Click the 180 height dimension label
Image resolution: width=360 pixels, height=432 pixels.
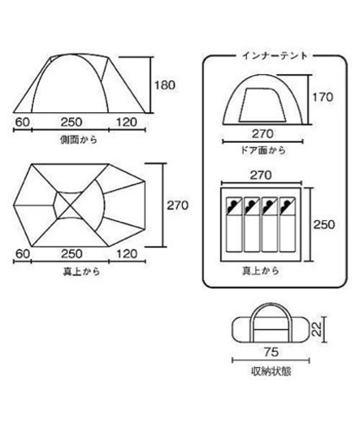tap(164, 85)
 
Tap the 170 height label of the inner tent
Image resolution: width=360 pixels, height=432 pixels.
tap(323, 97)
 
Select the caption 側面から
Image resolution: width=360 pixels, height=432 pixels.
tap(78, 140)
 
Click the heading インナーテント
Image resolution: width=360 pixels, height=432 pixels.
tap(275, 56)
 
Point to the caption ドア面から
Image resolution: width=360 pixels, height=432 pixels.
tap(263, 150)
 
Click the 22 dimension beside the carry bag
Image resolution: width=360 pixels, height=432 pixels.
tap(316, 329)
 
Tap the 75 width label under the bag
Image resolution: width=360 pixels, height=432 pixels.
tap(271, 352)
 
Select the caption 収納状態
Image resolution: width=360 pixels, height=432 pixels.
tap(271, 371)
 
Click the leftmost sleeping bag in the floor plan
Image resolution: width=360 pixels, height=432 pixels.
tap(234, 224)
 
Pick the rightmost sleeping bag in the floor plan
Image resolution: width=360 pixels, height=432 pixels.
tap(287, 224)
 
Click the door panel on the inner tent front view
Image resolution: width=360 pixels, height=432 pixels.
tap(261, 105)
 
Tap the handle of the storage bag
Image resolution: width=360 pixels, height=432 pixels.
tap(271, 310)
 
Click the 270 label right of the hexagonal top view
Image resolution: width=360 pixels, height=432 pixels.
tap(178, 206)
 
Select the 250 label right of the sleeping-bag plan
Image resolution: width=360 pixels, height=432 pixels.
tap(325, 224)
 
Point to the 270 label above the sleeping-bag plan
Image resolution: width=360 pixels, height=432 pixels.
tap(261, 175)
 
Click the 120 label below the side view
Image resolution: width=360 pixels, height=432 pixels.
tap(126, 122)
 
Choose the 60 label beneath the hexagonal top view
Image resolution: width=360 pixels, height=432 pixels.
tap(23, 254)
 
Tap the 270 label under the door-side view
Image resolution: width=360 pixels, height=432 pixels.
tap(262, 134)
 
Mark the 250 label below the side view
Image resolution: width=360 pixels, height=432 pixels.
tap(72, 122)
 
